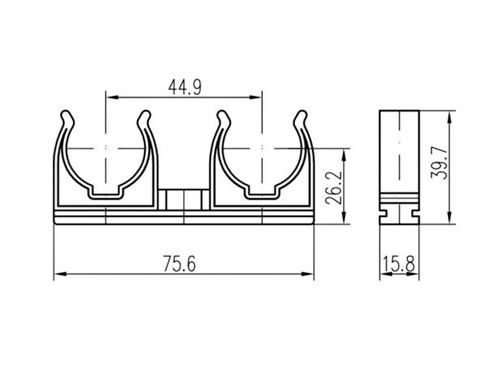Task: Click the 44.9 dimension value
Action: pos(185,87)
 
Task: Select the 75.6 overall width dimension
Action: pos(180,264)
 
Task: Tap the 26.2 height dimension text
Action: pos(333,187)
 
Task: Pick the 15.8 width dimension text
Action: pos(399,264)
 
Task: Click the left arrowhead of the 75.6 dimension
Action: pos(60,274)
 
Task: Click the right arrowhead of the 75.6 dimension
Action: pos(308,274)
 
